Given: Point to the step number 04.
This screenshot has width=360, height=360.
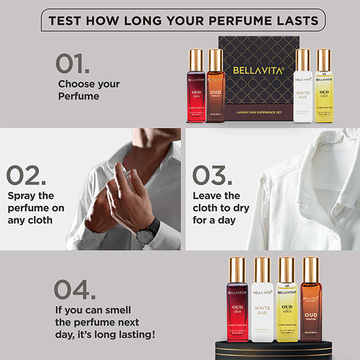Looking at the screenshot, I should coord(75,290).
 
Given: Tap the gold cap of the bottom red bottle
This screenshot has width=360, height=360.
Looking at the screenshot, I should coord(236,269).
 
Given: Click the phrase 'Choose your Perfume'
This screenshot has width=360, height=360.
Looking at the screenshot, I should coord(88,90).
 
